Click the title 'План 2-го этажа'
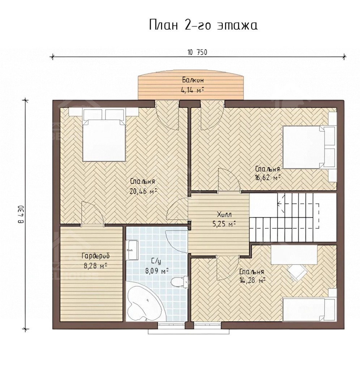[203, 25]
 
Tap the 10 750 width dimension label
[197, 52]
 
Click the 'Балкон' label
[193, 80]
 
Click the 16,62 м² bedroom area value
[267, 178]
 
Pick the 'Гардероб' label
[96, 256]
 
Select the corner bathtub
[143, 304]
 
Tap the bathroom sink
[132, 250]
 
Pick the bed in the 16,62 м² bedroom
[309, 147]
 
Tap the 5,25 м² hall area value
[224, 224]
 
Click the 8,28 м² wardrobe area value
[96, 266]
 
